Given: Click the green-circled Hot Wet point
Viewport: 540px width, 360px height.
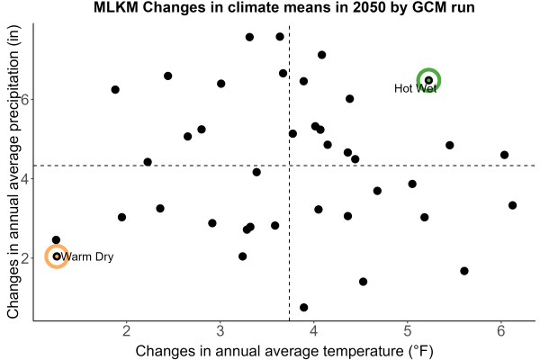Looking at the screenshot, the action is pos(428,80).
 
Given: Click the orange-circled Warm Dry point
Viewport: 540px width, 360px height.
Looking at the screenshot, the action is pos(57,256).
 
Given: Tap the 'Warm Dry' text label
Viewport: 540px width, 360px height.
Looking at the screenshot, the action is pos(86,257).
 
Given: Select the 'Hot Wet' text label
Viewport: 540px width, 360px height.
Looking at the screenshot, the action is pos(415,88).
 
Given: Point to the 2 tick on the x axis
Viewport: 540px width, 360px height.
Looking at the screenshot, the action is pos(127,331).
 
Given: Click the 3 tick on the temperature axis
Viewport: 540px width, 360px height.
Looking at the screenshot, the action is pos(220,331).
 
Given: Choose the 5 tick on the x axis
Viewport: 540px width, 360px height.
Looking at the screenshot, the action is pos(408,331).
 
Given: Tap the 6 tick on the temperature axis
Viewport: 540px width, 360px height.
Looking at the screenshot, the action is pos(501,331).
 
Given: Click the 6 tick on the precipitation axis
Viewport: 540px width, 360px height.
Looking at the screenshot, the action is pos(25,99).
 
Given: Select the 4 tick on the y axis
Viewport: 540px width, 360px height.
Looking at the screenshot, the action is pos(25,178).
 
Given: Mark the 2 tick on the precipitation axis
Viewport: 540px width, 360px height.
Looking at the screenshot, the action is pos(25,258).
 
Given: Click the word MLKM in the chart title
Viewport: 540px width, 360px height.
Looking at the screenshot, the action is pos(116,7).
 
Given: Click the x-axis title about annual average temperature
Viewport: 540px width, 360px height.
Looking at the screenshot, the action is pos(284,351).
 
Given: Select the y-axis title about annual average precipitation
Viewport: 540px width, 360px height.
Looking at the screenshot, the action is pos(13,172).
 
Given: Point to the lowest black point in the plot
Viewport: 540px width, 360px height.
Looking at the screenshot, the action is pos(304,307).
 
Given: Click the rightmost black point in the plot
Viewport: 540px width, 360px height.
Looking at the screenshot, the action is pos(512,205).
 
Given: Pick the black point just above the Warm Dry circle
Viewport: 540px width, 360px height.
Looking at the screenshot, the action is pos(56,240).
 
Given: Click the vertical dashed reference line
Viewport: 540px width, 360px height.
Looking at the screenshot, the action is pos(289,173).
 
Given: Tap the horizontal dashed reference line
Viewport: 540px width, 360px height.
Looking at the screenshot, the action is pos(284,166).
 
